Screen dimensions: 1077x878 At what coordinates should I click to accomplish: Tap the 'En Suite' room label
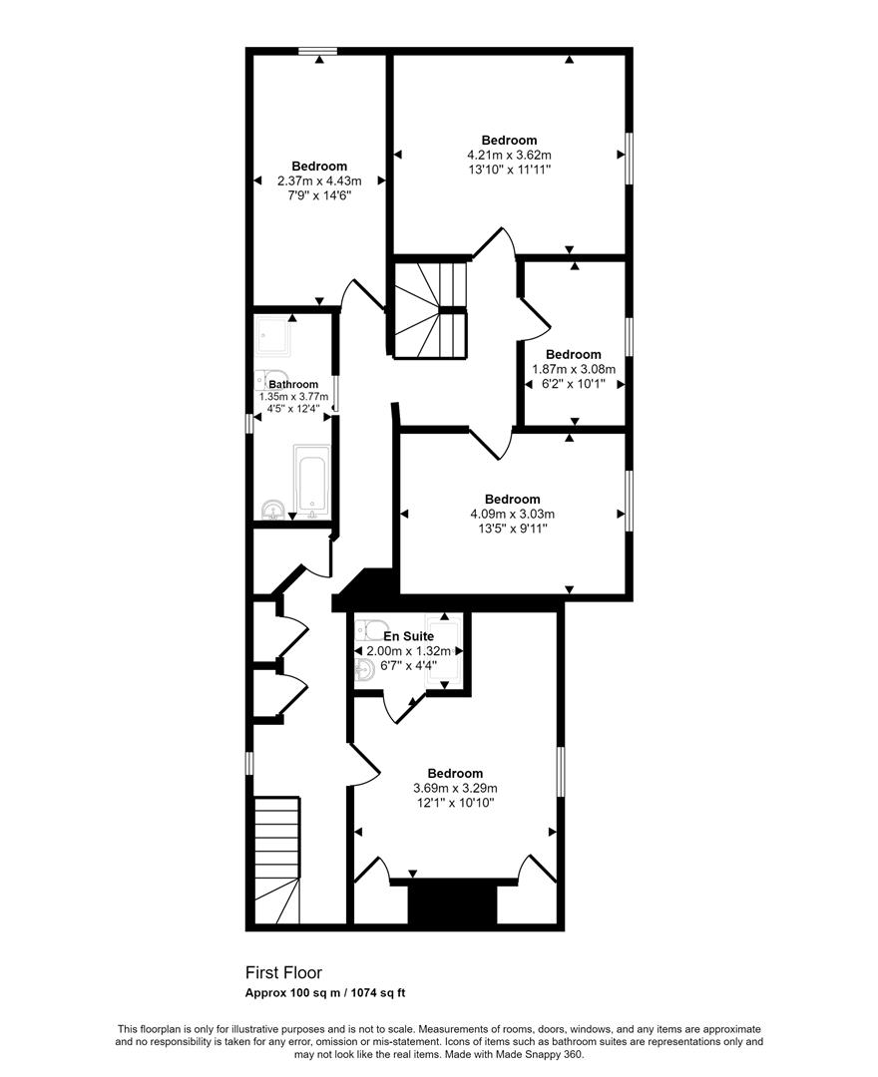click(409, 635)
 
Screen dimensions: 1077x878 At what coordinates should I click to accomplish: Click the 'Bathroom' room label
click(293, 384)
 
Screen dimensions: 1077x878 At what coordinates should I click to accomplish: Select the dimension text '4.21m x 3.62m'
click(509, 155)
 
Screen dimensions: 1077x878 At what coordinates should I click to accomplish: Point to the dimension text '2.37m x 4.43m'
click(319, 180)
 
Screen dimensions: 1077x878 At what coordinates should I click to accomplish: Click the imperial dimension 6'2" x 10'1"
click(573, 383)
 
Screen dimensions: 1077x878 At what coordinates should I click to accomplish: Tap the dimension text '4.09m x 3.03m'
click(512, 514)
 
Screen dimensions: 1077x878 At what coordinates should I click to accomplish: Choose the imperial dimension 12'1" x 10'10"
click(455, 802)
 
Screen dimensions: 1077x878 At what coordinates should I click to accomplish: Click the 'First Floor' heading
click(284, 972)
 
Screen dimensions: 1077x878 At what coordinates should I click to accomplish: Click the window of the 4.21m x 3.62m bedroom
click(629, 159)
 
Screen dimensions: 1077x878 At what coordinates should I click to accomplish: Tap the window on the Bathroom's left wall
click(249, 424)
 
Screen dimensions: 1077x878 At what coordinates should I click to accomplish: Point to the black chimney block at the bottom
click(452, 902)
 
